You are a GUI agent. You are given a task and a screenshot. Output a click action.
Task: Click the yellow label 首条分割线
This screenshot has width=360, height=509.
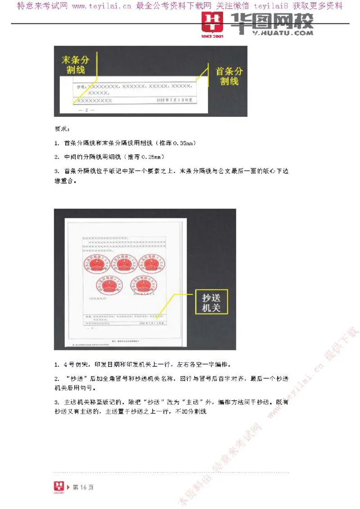click(229, 76)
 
